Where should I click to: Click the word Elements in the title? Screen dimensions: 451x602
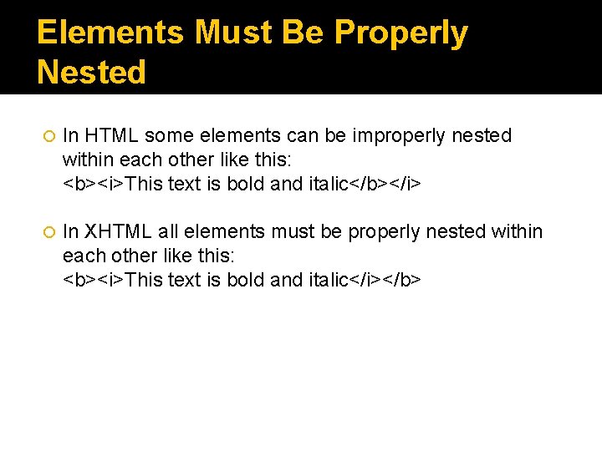110,33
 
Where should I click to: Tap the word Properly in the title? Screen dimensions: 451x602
400,33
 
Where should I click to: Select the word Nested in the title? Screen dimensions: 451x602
91,73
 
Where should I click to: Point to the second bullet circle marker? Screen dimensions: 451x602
48,232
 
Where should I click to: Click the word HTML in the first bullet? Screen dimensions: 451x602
106,135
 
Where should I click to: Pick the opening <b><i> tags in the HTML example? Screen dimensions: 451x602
94,183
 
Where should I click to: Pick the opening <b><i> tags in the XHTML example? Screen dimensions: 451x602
94,279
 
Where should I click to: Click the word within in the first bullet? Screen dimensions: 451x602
86,159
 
